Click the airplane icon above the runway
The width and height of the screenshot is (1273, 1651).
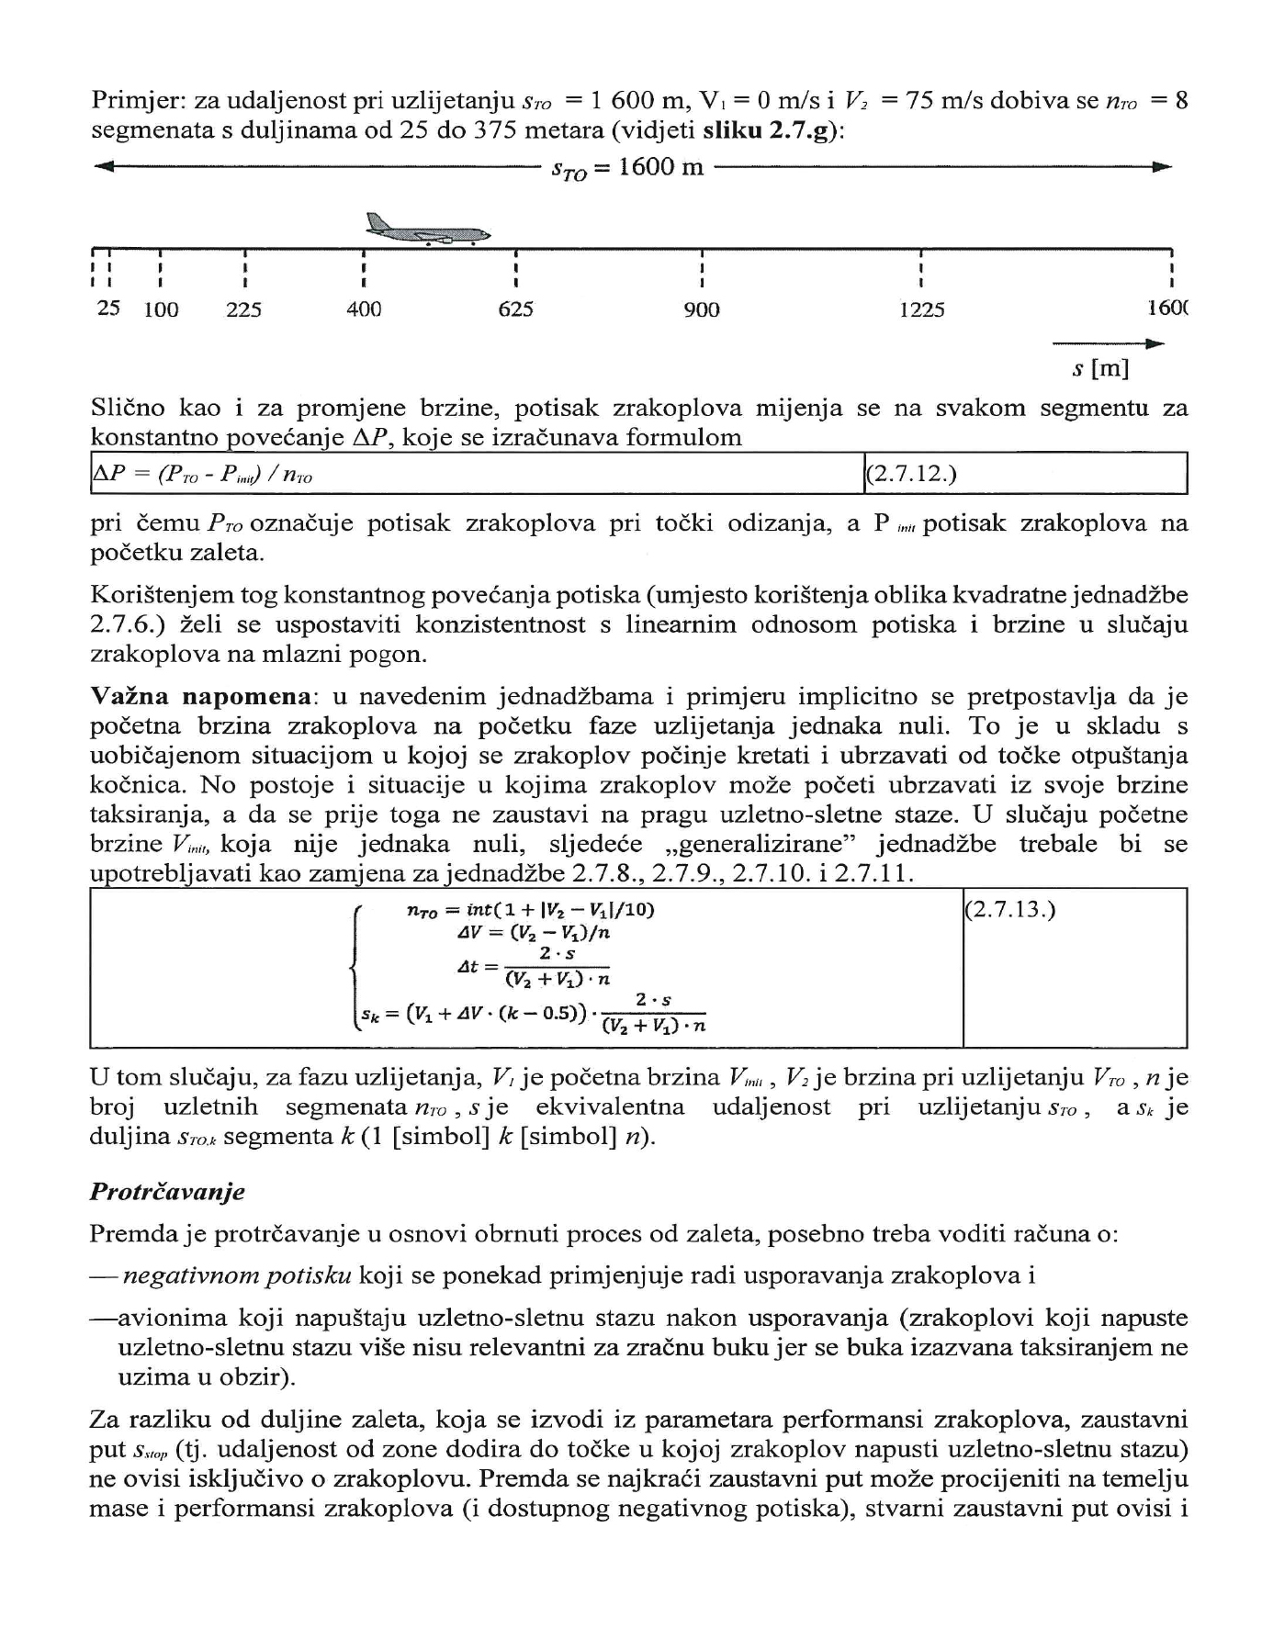(x=428, y=230)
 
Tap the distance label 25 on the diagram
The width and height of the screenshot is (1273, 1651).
(x=108, y=309)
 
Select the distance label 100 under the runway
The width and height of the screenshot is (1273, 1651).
(x=162, y=310)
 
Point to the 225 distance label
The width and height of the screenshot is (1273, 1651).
(x=244, y=310)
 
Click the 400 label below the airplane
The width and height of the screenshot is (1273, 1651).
(x=364, y=310)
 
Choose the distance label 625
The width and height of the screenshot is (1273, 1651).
(x=516, y=310)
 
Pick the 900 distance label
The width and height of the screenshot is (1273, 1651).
(x=702, y=310)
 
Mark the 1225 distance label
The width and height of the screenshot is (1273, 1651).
(x=922, y=310)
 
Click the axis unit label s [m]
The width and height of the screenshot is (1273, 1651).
(x=1100, y=369)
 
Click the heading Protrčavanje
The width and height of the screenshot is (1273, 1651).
(x=167, y=1192)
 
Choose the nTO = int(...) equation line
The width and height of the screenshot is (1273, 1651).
(x=530, y=910)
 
